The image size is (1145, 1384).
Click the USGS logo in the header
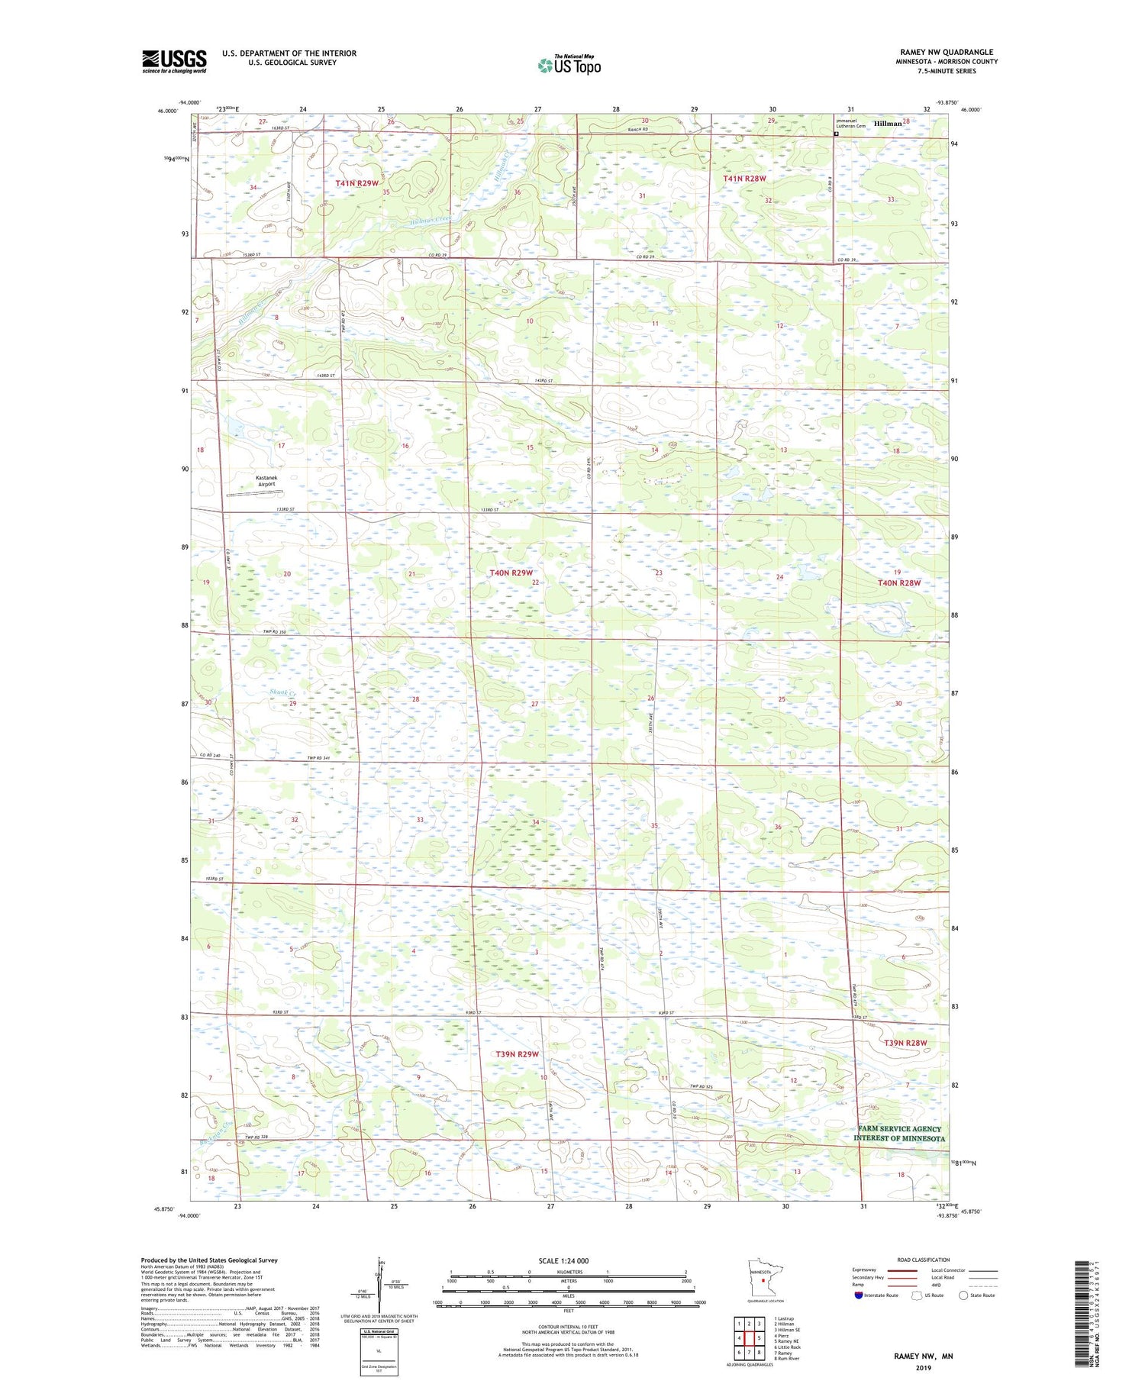[x=174, y=61]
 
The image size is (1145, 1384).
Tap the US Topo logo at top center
[x=569, y=66]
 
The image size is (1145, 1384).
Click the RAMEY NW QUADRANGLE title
[x=947, y=53]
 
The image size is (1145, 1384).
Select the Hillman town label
[x=888, y=124]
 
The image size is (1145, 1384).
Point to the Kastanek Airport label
[x=266, y=481]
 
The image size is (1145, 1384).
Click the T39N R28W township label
[x=905, y=1043]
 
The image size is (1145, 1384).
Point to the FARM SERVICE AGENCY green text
[x=899, y=1129]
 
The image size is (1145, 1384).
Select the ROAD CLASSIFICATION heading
[x=924, y=1260]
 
